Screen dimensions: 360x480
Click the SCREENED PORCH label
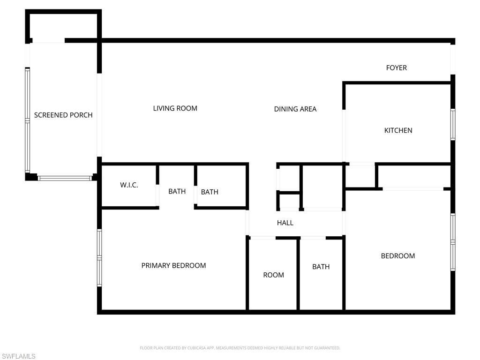pos(63,115)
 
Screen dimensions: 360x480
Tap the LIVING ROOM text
pos(175,108)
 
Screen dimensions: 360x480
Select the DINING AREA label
pos(295,109)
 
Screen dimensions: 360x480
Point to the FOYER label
pos(396,67)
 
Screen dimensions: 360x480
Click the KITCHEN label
pos(398,130)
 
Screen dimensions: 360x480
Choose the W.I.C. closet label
pos(129,185)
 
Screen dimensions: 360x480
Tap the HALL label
pos(285,223)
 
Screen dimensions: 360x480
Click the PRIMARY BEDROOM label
pos(173,265)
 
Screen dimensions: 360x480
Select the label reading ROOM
pos(273,275)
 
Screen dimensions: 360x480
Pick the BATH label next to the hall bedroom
pos(321,267)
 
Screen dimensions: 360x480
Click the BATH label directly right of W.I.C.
pos(177,191)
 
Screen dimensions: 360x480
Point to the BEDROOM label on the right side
pos(397,256)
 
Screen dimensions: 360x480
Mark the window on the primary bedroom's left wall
pos(99,257)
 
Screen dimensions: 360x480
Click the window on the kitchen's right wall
pos(453,124)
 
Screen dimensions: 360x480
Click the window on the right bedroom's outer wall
pos(453,242)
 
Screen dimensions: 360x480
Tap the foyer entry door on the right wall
pos(453,59)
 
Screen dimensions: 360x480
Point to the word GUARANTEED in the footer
pos(328,348)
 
